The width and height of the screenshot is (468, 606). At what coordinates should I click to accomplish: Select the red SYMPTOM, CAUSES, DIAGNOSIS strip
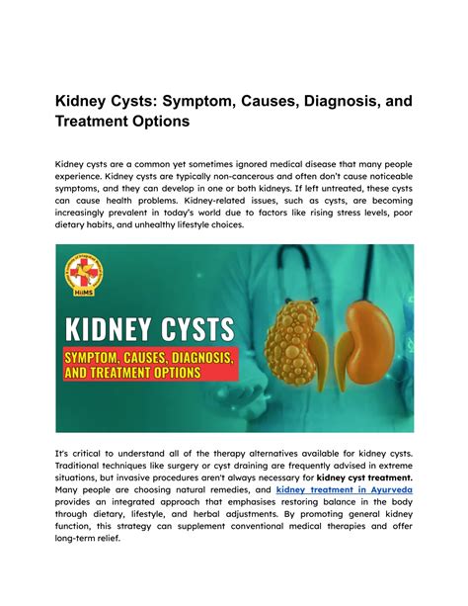(x=149, y=355)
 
